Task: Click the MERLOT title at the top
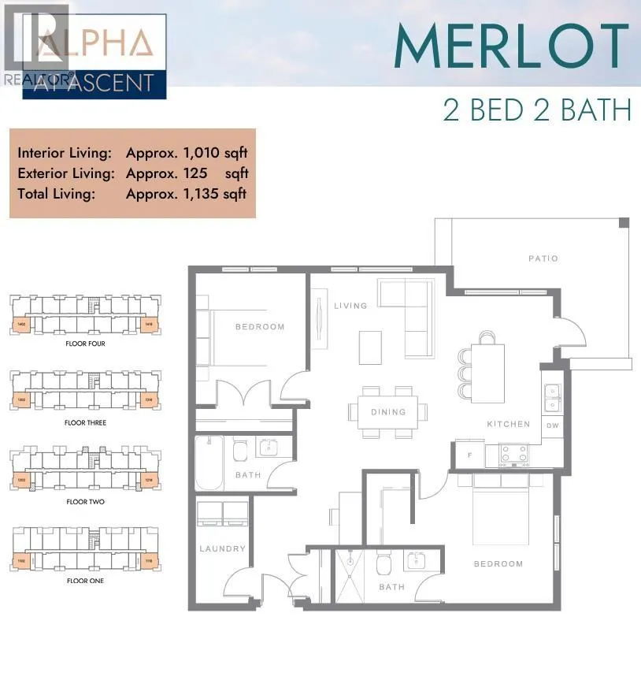coord(511,46)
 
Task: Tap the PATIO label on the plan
coord(543,258)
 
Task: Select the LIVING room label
coord(350,306)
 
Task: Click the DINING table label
coord(388,411)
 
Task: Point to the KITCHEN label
coord(508,424)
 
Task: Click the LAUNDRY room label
coord(223,548)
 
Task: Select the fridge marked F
coord(469,455)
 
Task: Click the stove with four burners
coord(515,454)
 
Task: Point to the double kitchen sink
coord(553,397)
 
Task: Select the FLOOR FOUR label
coord(85,344)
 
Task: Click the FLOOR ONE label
coord(85,581)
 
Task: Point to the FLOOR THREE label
coord(85,423)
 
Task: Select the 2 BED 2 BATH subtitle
coord(537,110)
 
